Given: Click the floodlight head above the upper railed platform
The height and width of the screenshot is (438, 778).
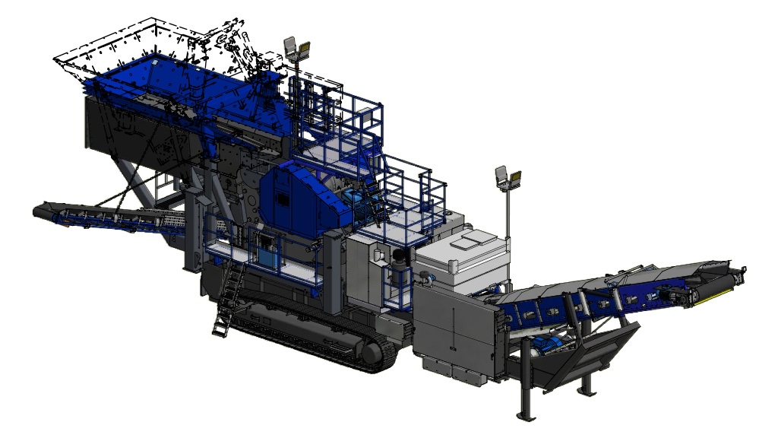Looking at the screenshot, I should tap(297, 49).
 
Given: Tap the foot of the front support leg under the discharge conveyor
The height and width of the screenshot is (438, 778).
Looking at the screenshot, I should tap(524, 415).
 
